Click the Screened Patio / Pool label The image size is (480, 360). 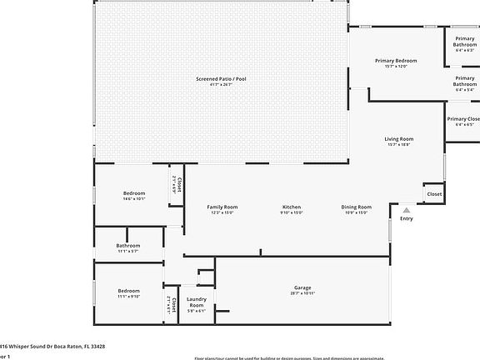pos(221,78)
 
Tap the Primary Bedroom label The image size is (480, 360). pos(396,61)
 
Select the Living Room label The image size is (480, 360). pos(399,139)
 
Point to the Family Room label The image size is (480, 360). pos(222,207)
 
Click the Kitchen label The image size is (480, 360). pos(292,207)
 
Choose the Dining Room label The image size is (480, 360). pos(357,207)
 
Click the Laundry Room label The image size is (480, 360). pos(197,302)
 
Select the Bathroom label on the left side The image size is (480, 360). pos(128,246)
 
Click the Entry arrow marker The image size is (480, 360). pos(407,210)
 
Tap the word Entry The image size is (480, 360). pos(407,219)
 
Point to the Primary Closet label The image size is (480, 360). pos(464,119)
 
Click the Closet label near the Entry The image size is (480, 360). pos(434,194)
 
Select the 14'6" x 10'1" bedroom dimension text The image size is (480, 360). pos(134,198)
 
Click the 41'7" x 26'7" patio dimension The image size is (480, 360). pos(221,84)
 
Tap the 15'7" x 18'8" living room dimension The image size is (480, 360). pos(399,145)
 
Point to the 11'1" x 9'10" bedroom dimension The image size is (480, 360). pos(128,296)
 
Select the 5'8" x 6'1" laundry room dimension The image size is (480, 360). pos(197,312)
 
